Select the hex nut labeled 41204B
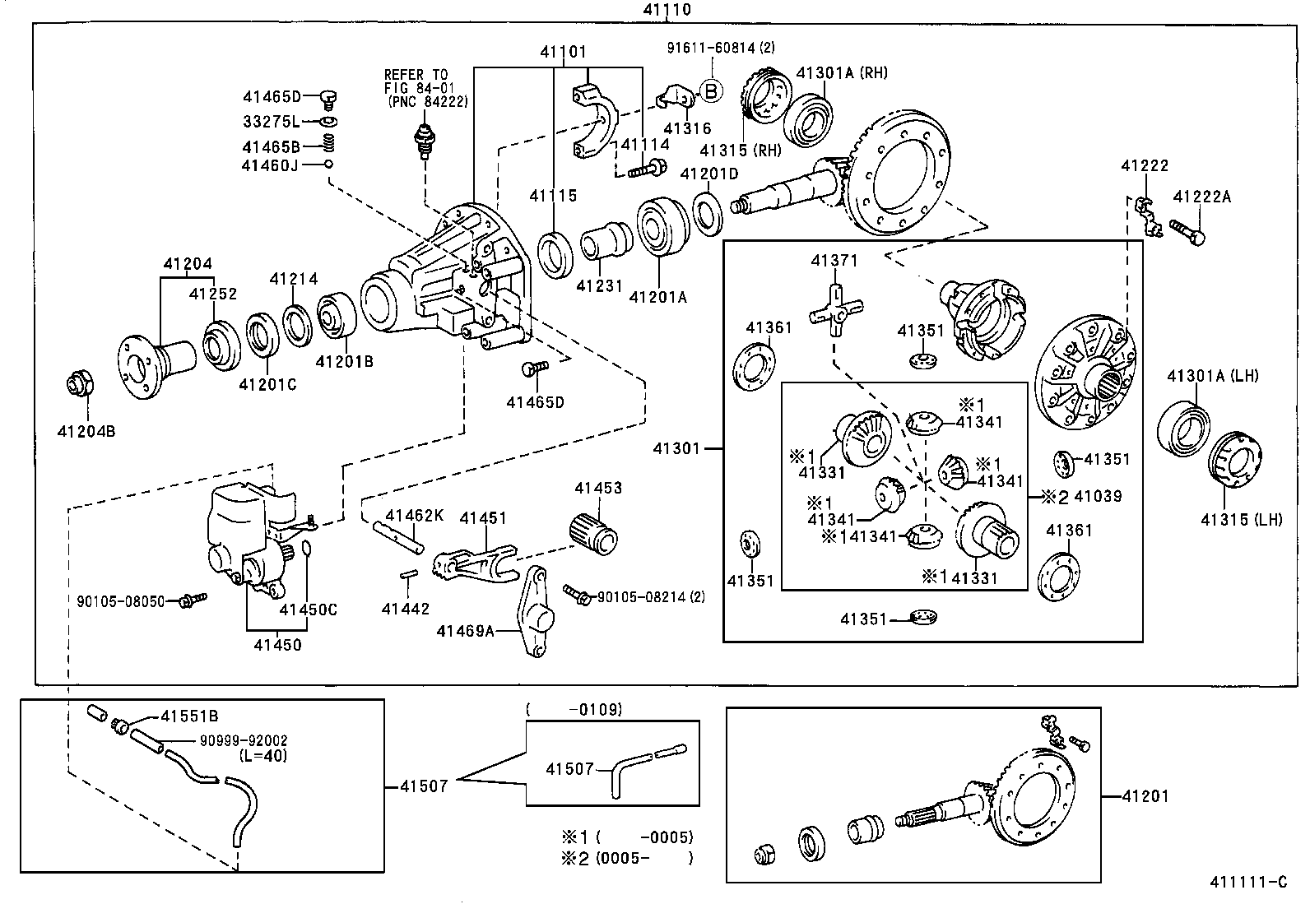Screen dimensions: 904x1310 (79, 384)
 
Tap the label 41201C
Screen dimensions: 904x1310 (267, 384)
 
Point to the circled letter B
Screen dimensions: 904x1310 (710, 90)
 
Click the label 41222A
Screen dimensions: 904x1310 (1202, 197)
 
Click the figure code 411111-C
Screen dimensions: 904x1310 (1247, 883)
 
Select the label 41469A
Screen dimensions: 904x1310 (465, 631)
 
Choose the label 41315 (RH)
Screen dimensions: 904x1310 (740, 150)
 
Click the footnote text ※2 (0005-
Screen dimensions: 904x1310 (628, 859)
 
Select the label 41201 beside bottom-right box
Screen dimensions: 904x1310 (1145, 796)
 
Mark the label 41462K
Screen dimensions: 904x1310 (414, 516)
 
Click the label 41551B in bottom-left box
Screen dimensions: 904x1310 (189, 716)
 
